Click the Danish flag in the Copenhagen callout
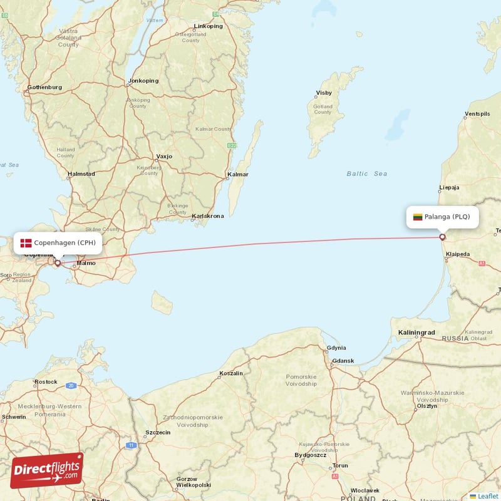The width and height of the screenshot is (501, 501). click(26, 243)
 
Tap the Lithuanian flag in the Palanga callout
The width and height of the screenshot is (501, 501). click(418, 217)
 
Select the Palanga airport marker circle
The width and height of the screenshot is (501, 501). click(443, 237)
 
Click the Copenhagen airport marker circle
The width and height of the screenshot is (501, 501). click(58, 263)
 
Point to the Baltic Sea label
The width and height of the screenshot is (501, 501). click(367, 173)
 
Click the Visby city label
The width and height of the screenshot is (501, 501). click(324, 93)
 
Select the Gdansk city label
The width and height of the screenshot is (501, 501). click(343, 361)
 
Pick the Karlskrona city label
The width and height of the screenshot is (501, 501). click(207, 216)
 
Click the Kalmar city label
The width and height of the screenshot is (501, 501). click(238, 174)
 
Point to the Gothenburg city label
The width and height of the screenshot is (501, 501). click(44, 87)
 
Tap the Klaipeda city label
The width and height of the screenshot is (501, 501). click(457, 254)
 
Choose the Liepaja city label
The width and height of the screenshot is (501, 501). click(449, 187)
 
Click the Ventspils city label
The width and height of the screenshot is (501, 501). click(478, 114)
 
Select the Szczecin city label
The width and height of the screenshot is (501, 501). click(158, 432)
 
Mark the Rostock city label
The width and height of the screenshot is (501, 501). click(46, 381)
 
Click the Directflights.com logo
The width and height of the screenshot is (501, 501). click(47, 470)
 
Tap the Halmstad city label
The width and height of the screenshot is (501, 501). click(81, 174)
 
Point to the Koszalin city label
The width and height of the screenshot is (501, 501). click(231, 373)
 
